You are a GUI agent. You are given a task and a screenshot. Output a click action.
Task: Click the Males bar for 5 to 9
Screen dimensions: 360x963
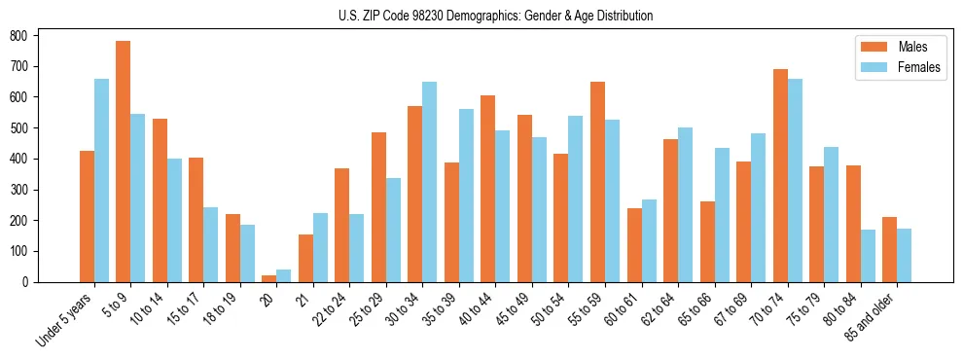pyautogui.click(x=124, y=162)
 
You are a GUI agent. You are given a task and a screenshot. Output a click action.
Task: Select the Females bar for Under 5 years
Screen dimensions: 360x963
pyautogui.click(x=101, y=181)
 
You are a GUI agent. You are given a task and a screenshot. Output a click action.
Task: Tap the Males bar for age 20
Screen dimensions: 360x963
pyautogui.click(x=269, y=278)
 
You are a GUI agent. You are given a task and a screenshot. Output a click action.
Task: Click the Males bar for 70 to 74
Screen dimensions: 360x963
pyautogui.click(x=780, y=176)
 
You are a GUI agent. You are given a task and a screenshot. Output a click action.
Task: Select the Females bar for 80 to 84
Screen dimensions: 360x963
pyautogui.click(x=868, y=256)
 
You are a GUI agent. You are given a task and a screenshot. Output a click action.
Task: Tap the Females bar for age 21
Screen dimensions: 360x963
pyautogui.click(x=320, y=248)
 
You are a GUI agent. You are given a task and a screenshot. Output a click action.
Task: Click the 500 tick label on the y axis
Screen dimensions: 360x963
pyautogui.click(x=23, y=127)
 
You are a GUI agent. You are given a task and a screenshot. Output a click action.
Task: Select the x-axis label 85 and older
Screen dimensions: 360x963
pyautogui.click(x=869, y=317)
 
